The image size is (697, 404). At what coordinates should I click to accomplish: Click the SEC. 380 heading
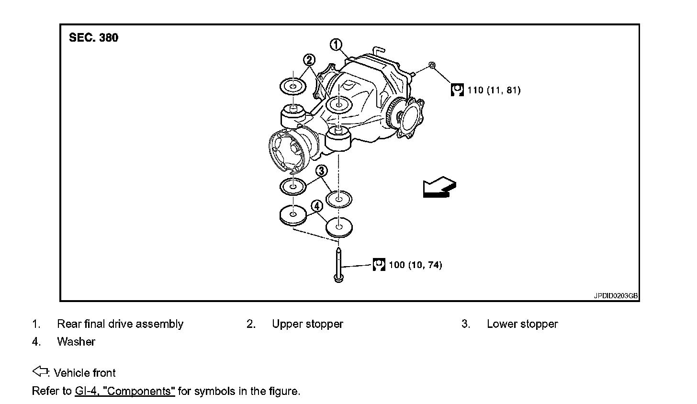pyautogui.click(x=93, y=38)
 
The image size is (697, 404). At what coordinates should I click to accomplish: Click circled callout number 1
pyautogui.click(x=337, y=45)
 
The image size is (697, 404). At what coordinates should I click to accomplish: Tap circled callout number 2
pyautogui.click(x=310, y=60)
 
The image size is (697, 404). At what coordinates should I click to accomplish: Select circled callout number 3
pyautogui.click(x=322, y=170)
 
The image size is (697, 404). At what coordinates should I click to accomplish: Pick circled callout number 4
pyautogui.click(x=316, y=206)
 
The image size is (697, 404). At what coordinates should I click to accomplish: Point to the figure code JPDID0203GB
pyautogui.click(x=616, y=296)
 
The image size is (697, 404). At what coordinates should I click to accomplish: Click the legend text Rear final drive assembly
pyautogui.click(x=120, y=324)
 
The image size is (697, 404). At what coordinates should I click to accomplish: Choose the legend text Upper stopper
pyautogui.click(x=307, y=324)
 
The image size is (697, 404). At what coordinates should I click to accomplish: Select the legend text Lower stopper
pyautogui.click(x=522, y=324)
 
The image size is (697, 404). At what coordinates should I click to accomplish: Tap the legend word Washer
pyautogui.click(x=76, y=342)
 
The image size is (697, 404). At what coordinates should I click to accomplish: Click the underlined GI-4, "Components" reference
pyautogui.click(x=125, y=391)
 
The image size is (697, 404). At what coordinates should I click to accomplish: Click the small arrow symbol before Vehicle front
pyautogui.click(x=40, y=371)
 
